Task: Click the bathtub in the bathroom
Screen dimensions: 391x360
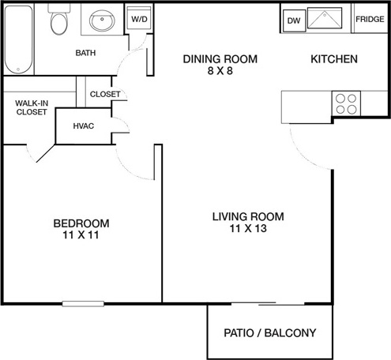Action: pyautogui.click(x=19, y=39)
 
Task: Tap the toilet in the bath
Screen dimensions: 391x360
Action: pyautogui.click(x=59, y=19)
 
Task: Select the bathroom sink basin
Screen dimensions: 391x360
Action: pyautogui.click(x=102, y=21)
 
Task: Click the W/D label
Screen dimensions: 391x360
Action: pyautogui.click(x=139, y=19)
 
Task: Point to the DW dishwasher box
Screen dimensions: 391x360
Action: pyautogui.click(x=294, y=21)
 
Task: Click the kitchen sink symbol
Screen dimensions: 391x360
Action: pyautogui.click(x=325, y=18)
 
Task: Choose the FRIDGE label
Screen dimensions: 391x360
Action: pyautogui.click(x=370, y=19)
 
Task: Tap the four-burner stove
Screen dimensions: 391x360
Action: pyautogui.click(x=346, y=103)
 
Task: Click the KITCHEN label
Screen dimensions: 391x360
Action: pyautogui.click(x=334, y=59)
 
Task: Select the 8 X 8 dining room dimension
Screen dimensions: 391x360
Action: pyautogui.click(x=220, y=71)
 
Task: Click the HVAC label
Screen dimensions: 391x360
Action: pyautogui.click(x=84, y=126)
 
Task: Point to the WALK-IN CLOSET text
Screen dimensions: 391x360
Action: pyautogui.click(x=32, y=107)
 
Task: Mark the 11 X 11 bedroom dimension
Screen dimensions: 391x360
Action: pyautogui.click(x=81, y=234)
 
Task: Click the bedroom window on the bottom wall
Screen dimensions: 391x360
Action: pyautogui.click(x=83, y=304)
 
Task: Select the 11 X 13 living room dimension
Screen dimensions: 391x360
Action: pyautogui.click(x=248, y=228)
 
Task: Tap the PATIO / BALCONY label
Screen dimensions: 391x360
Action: pyautogui.click(x=270, y=333)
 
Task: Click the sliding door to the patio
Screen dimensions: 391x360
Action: pyautogui.click(x=268, y=304)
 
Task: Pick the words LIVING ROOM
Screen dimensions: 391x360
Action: pyautogui.click(x=248, y=216)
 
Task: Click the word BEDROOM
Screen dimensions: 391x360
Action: pyautogui.click(x=81, y=223)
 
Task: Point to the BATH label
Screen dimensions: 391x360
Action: pyautogui.click(x=85, y=53)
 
